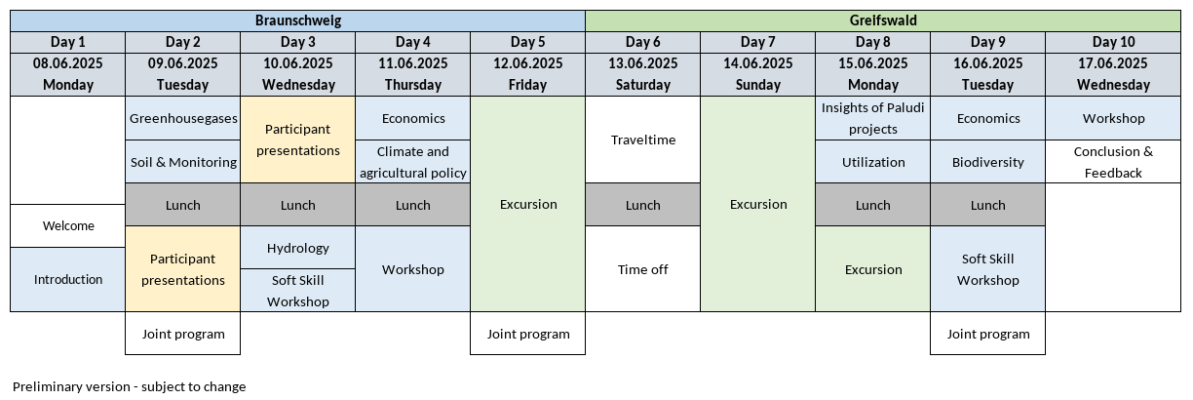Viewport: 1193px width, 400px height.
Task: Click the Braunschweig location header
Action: coord(297,20)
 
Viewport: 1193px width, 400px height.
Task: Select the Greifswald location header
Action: coord(883,20)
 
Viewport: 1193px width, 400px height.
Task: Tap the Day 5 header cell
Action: coord(528,42)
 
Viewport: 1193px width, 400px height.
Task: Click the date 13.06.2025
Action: coord(643,63)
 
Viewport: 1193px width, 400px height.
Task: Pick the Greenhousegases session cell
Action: coord(182,118)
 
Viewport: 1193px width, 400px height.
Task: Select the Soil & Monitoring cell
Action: coord(182,162)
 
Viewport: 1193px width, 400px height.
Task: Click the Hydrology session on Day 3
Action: coord(297,248)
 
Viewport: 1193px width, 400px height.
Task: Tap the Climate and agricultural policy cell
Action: coord(412,162)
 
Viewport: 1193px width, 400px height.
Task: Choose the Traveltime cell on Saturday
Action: coord(643,140)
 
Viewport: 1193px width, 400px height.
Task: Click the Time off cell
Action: coord(643,269)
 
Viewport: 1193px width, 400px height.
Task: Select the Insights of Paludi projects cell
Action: coord(873,118)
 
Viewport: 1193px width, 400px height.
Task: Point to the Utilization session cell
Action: coord(873,162)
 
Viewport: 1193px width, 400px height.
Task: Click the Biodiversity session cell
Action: coord(988,162)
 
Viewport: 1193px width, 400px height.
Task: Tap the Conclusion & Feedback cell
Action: coord(1113,162)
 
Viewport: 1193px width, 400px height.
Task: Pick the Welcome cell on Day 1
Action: coord(67,225)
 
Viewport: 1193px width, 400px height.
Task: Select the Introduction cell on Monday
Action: coord(67,279)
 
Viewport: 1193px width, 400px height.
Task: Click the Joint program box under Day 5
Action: coord(528,334)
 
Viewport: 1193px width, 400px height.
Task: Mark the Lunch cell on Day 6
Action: coord(643,205)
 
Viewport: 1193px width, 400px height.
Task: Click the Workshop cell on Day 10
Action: coord(1113,118)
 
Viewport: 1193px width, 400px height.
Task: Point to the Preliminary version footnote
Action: coord(130,386)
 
